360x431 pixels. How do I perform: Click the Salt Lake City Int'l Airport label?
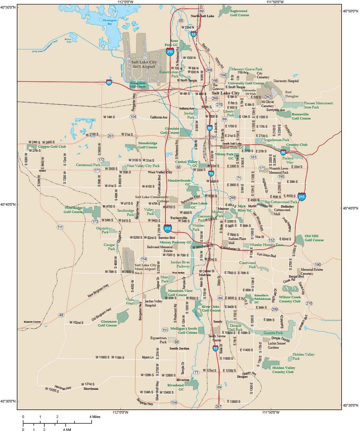pos(144,64)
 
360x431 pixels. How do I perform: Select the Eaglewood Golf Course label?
pos(239,13)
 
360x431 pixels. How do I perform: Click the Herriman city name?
pos(91,389)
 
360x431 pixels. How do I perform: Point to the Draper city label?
pos(242,377)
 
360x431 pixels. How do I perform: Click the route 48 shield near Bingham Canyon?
pos(61,315)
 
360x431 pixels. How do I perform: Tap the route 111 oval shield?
pos(60,227)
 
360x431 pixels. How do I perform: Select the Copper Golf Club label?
pos(52,147)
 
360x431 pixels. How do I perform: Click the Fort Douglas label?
pos(292,94)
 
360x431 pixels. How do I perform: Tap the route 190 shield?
pos(318,264)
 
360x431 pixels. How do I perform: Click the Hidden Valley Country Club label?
pos(284,370)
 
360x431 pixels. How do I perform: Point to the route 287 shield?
pos(218,407)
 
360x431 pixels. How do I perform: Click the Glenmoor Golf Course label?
pos(107,323)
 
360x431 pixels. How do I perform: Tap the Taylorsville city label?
pos(179,218)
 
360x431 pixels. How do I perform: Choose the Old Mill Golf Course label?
pos(314,238)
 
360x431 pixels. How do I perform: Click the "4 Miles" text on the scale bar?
pos(95,417)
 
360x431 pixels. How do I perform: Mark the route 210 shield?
pos(309,303)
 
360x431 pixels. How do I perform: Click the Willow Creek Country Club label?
pos(290,299)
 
